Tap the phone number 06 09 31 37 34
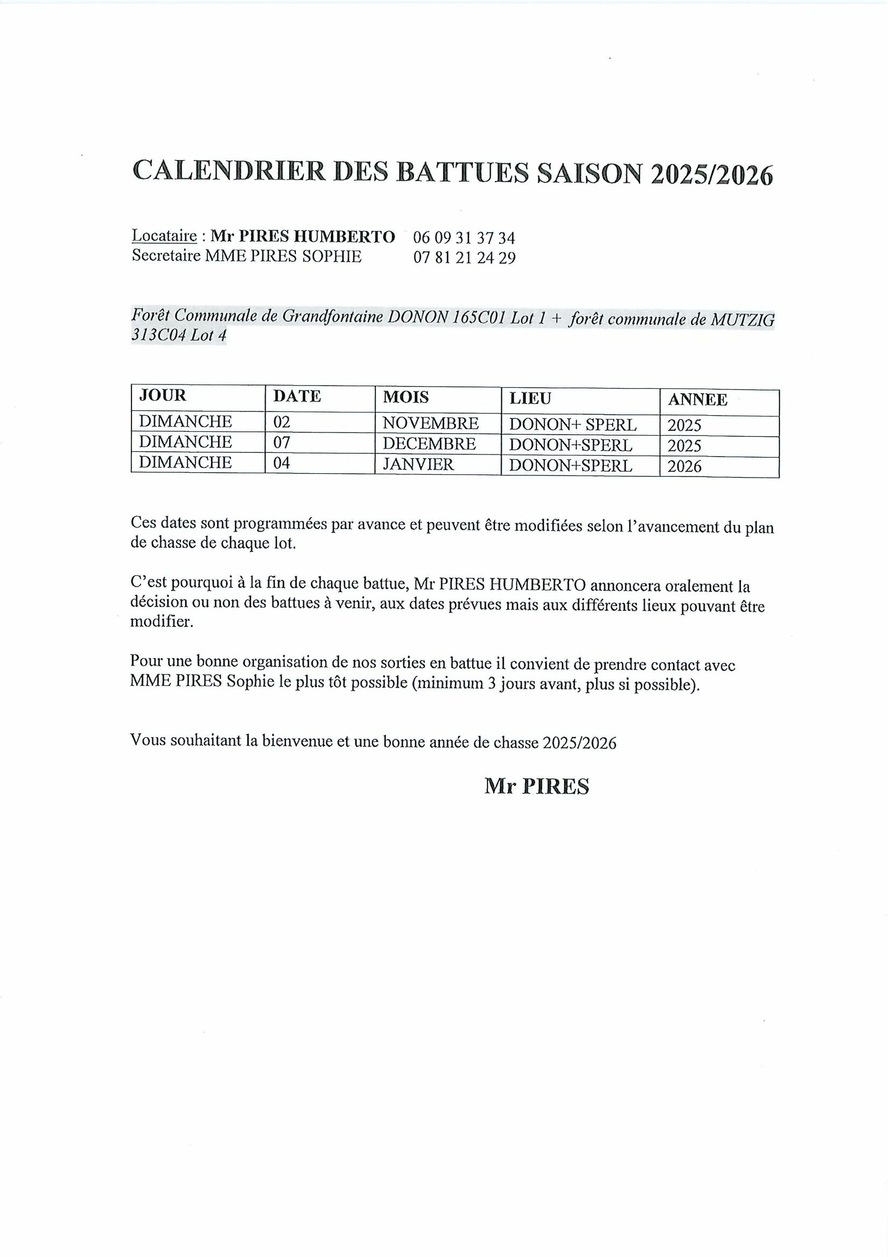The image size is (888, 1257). pos(464,237)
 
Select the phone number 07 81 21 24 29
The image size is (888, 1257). pos(464,257)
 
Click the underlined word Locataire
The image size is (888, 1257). pos(164,236)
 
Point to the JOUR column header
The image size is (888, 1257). pos(163,395)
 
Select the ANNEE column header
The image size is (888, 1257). pos(697,400)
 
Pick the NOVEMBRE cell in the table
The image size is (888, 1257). pos(430,423)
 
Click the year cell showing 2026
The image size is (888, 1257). pos(684,466)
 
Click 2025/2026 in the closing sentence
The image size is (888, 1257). pos(579,742)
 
